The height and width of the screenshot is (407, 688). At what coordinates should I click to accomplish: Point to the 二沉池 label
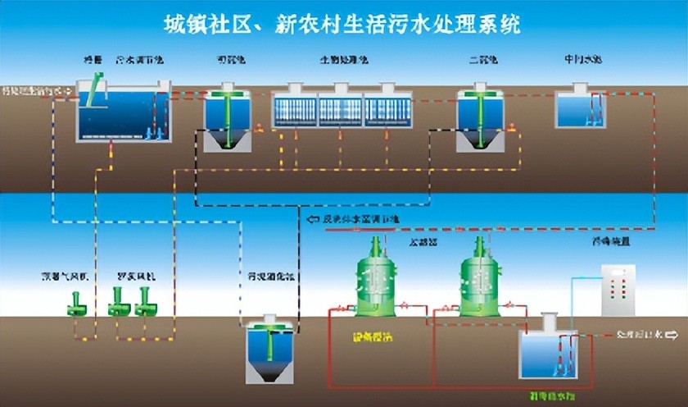click(478, 60)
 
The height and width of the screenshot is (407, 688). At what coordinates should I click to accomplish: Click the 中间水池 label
click(583, 60)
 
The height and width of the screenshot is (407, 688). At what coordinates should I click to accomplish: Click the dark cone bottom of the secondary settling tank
click(479, 140)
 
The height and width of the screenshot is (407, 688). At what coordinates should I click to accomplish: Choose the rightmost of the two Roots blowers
click(148, 306)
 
